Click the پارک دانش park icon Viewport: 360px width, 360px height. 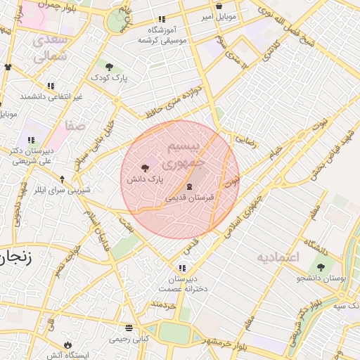(145, 168)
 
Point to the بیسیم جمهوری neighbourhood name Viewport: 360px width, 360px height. (183, 155)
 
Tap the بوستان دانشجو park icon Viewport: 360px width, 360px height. (321, 268)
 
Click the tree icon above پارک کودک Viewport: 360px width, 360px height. (108, 67)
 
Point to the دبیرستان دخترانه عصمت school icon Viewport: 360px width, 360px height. (183, 268)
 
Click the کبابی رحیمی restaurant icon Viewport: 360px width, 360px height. (129, 328)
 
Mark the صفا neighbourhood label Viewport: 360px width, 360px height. (76, 126)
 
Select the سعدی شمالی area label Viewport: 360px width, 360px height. (49, 47)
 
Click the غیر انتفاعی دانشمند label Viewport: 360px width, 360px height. (51, 96)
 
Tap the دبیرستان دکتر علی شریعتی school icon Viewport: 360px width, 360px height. (30, 140)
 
